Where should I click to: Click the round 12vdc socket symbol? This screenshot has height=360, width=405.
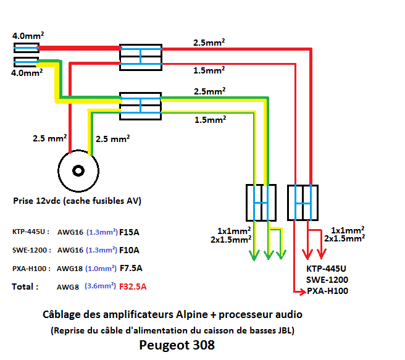click(78, 170)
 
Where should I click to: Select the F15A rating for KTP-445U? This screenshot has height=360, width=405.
click(130, 232)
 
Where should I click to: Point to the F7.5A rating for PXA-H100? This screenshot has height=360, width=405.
click(132, 269)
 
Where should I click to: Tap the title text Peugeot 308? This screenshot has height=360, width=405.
click(177, 345)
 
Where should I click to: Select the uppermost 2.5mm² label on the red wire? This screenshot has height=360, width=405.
click(209, 43)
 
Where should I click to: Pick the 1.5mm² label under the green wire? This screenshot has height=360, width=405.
click(209, 119)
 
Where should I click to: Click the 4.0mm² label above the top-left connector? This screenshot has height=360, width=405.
click(27, 36)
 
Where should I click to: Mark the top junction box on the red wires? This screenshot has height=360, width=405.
click(141, 56)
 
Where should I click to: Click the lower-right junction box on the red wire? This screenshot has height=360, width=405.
click(303, 202)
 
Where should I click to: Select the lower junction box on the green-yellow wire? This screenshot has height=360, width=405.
click(262, 202)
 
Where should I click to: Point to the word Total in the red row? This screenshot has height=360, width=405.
click(25, 287)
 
